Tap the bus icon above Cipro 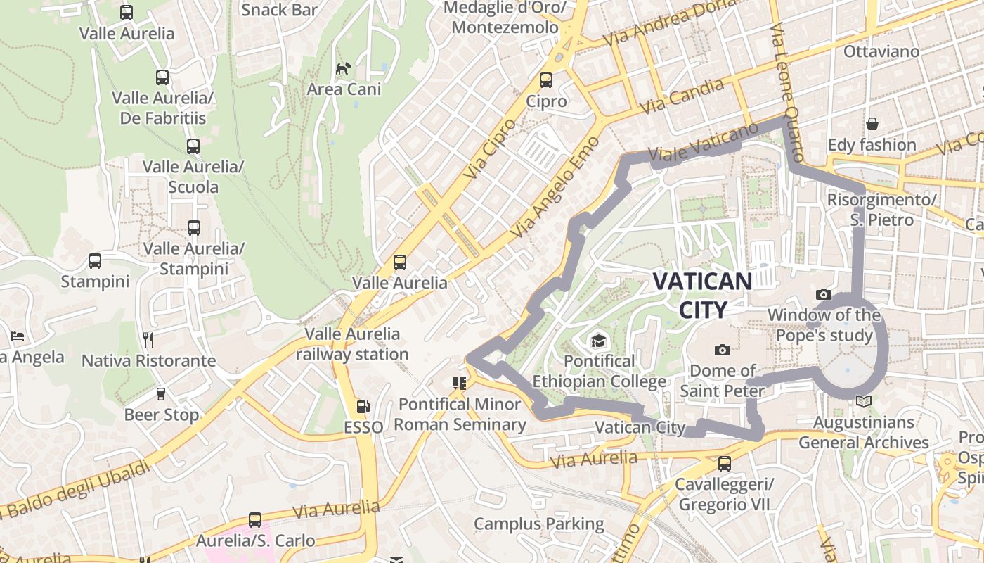coord(546,80)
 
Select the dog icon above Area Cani coord(343,68)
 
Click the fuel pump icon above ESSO coord(363,406)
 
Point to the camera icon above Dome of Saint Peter coord(722,350)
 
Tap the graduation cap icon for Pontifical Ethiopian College coord(597,341)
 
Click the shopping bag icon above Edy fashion coord(872,124)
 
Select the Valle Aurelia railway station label coord(352,344)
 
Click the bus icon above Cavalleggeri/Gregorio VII coord(724,464)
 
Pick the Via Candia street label coord(682,97)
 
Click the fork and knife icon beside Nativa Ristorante coord(148,340)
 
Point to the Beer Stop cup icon coord(161,394)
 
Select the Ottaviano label coord(881,51)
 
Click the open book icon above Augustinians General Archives coord(863,402)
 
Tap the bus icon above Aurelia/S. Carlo coord(254,520)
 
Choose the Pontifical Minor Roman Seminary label coord(460,415)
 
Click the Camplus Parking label coord(538,524)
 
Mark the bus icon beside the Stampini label coord(95,261)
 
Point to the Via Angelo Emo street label coord(555,186)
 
